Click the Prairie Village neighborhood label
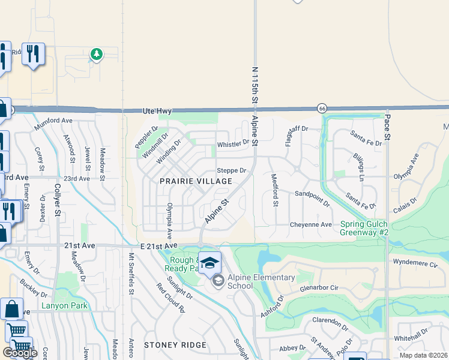tap(196, 181)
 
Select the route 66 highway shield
tap(322, 108)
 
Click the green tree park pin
tap(96, 55)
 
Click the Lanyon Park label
tap(65, 306)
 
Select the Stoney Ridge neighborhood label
tap(175, 346)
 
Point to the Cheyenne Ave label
tap(311, 224)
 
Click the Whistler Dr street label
tap(233, 144)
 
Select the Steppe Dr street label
tap(232, 170)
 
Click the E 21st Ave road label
tap(159, 246)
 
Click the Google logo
tap(20, 353)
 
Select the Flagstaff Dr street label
tap(297, 128)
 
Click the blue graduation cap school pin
tap(209, 263)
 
